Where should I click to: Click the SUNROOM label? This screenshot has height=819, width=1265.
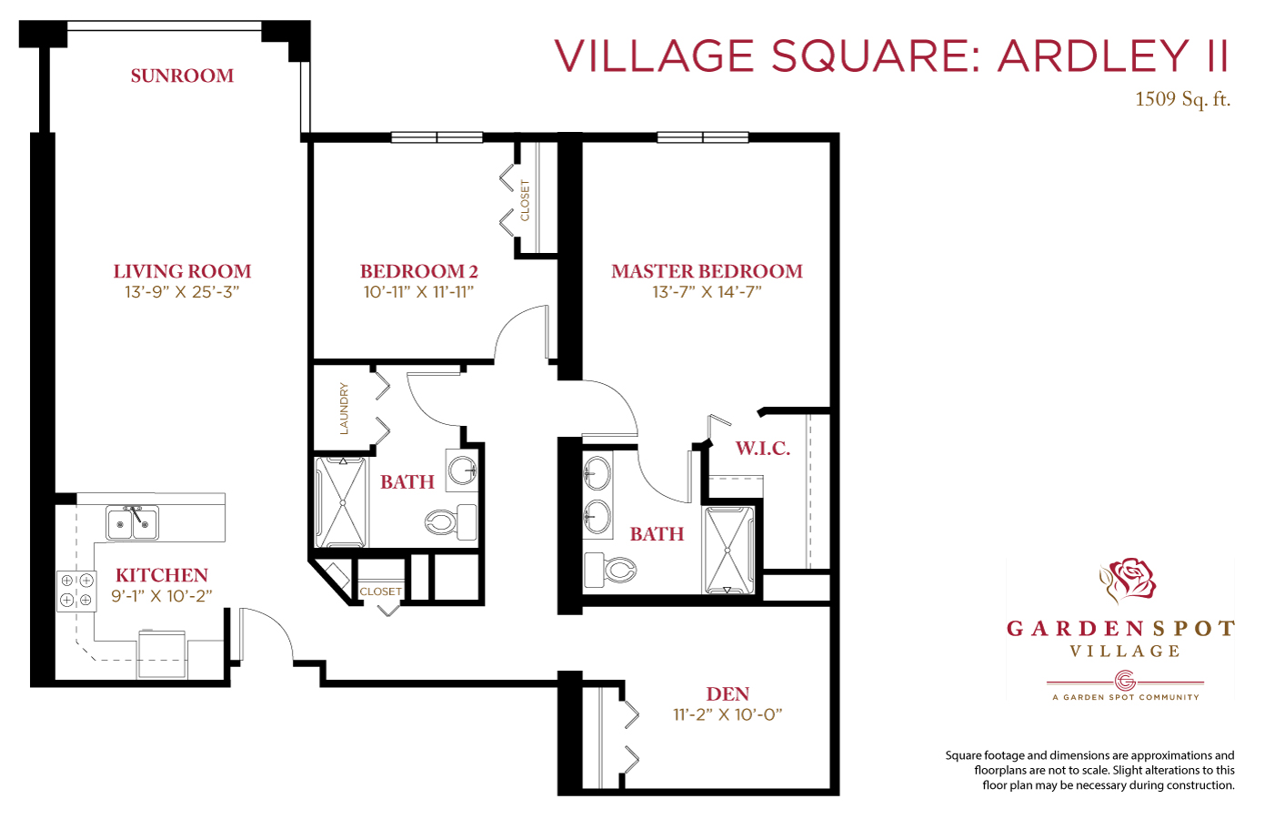coord(182,76)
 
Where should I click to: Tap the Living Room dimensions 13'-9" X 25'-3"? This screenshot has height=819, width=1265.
coord(182,292)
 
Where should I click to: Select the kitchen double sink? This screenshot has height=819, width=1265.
coord(132,522)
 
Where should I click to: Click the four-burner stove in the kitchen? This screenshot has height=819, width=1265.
coord(76,591)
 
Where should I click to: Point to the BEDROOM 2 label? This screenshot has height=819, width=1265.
coord(419,271)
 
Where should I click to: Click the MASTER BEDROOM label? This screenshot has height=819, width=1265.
coord(707,271)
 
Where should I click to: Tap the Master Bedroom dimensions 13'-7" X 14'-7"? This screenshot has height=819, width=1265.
coord(707,292)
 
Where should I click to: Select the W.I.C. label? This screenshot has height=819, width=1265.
coord(762,449)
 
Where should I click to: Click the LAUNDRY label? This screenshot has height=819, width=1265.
coord(344,409)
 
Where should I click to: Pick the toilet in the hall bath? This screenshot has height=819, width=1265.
coord(451,521)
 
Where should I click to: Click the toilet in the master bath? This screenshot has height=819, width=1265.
coord(610,570)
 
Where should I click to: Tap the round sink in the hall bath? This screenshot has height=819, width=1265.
coord(462,470)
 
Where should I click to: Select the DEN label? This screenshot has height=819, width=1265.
coord(728,693)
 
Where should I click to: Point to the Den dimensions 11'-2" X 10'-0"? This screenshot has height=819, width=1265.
coord(728,715)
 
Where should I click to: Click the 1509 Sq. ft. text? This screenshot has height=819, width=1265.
coord(1182,99)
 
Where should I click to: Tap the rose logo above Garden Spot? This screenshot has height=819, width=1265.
coord(1127,581)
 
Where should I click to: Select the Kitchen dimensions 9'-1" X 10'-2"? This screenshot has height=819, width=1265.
coord(162,596)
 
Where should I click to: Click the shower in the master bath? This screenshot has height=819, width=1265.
coord(728,551)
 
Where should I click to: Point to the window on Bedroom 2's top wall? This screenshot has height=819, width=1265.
coord(437,137)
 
